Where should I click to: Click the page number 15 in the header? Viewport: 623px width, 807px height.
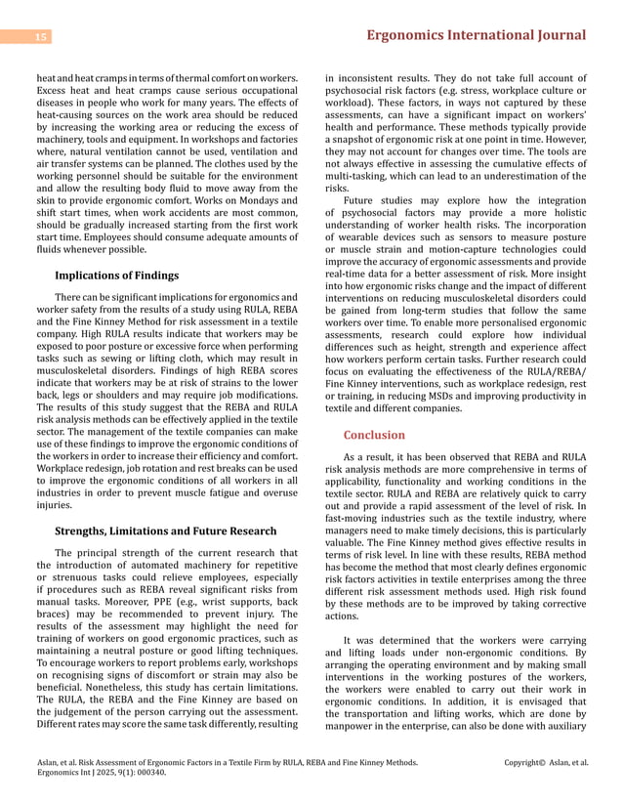(x=41, y=37)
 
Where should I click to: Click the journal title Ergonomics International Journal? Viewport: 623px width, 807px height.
(x=476, y=35)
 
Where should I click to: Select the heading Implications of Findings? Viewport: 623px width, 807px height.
(x=116, y=276)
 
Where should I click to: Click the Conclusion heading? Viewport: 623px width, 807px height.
(x=374, y=435)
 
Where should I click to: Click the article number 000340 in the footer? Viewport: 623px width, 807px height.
(x=149, y=772)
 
